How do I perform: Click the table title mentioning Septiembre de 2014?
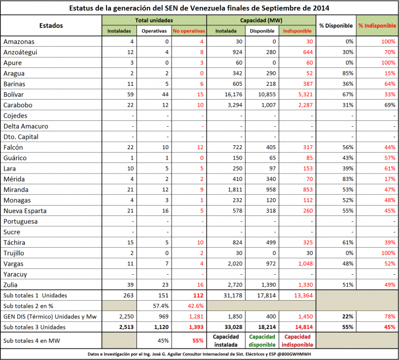coord(200,8)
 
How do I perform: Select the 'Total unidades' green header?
coord(154,20)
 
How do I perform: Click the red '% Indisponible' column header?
coord(377,25)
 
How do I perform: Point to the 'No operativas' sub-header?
coord(188,30)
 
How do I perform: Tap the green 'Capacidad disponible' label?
coord(263,340)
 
